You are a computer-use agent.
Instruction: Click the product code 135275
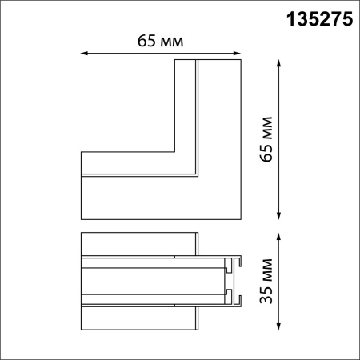tap(319, 22)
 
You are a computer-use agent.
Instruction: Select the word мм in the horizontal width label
tap(170, 40)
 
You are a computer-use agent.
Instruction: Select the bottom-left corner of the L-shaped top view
tap(81, 220)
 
